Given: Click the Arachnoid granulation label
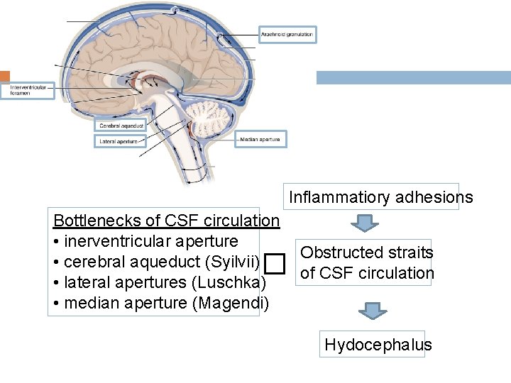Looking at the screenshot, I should pos(286,34).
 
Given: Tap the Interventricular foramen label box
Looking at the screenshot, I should pos(27,91).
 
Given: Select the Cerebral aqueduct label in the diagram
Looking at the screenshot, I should pos(121,126).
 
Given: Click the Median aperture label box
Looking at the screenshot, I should pos(260,139).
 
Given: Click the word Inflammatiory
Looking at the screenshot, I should pos(331,197).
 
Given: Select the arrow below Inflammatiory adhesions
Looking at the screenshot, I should pos(365,224).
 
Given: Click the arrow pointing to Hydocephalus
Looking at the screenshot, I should pos(372,311).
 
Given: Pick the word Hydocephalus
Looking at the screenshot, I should pos(378,345).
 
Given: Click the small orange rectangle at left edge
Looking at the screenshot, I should pos(4,76).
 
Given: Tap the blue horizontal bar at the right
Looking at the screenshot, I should pos(413,77).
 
